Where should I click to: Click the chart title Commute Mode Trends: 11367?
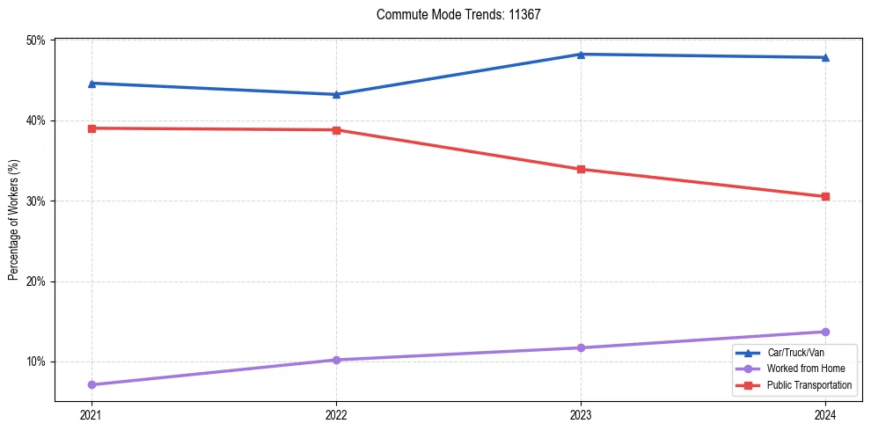tap(458, 15)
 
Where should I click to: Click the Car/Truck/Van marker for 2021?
tap(91, 84)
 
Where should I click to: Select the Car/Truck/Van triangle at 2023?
tap(581, 55)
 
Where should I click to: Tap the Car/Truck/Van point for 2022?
tap(336, 94)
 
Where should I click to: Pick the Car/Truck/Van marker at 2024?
tap(825, 57)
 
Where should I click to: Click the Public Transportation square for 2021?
tap(91, 128)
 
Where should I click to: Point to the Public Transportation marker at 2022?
tap(336, 130)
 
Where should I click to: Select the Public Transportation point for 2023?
tap(581, 169)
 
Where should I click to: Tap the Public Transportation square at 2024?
tap(825, 196)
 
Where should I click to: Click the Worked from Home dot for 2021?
tap(91, 384)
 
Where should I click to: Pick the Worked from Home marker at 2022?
tap(336, 360)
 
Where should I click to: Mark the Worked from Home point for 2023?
tap(581, 347)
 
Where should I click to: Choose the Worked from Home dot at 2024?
tap(825, 332)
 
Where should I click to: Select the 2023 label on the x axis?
tap(581, 414)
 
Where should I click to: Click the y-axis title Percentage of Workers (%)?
tap(14, 220)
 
